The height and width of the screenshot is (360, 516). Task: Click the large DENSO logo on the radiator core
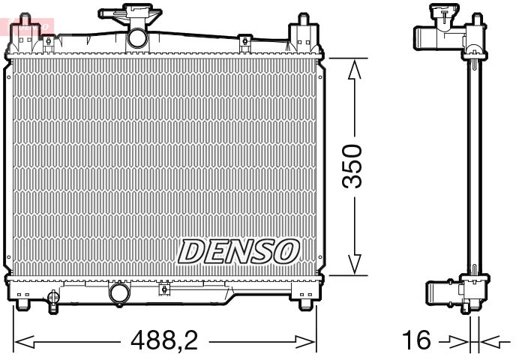pyautogui.click(x=239, y=250)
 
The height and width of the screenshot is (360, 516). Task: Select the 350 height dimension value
pyautogui.click(x=354, y=167)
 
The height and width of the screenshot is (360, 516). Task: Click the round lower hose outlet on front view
pyautogui.click(x=118, y=292)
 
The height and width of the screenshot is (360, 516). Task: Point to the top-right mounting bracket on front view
pyautogui.click(x=302, y=31)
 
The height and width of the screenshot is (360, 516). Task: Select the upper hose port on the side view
pyautogui.click(x=424, y=36)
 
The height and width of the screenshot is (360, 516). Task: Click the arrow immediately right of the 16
pyautogui.click(x=456, y=343)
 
